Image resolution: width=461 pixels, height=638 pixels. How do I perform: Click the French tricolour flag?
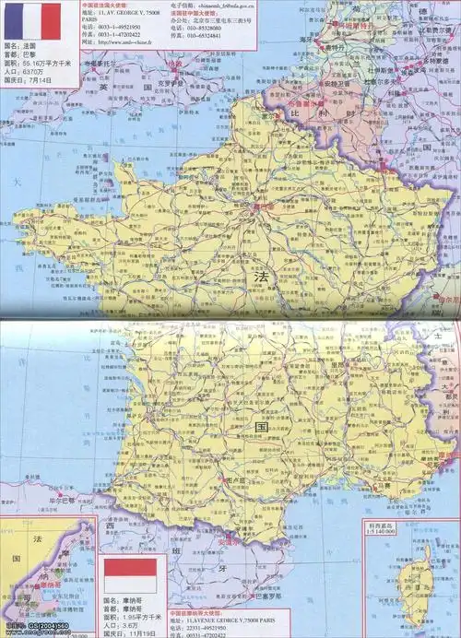pos(29,21)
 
